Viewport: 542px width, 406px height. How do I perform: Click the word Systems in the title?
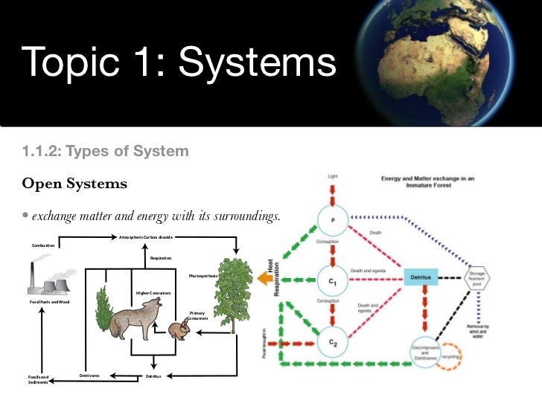[x=257, y=65]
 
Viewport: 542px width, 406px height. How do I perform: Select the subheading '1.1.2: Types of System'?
[x=105, y=152]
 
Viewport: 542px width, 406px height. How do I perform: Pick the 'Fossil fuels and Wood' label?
[x=49, y=302]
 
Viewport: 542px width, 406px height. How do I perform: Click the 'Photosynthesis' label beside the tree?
[x=202, y=276]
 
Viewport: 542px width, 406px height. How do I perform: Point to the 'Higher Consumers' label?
[x=153, y=293]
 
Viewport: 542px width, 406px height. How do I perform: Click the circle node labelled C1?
[x=333, y=279]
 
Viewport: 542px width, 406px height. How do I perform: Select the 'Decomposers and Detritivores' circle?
[x=427, y=352]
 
